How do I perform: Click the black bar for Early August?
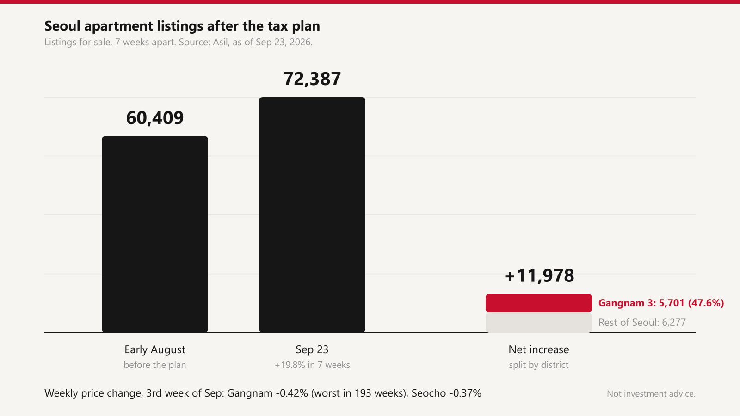155,234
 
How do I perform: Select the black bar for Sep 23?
312,215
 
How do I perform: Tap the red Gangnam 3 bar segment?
539,303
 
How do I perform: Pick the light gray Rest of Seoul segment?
539,323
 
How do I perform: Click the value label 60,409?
155,118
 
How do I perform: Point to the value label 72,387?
312,79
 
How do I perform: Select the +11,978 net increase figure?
539,275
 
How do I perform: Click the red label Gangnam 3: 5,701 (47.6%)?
661,303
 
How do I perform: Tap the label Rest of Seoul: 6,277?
642,322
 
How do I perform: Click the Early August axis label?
155,349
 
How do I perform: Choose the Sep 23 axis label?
312,349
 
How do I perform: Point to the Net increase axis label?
539,349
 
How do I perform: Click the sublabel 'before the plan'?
155,365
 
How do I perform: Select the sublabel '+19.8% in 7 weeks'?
312,365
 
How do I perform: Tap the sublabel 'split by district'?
539,365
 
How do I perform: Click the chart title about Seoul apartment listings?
182,26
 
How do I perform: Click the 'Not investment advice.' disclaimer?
651,393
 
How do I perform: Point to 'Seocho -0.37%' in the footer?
446,393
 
